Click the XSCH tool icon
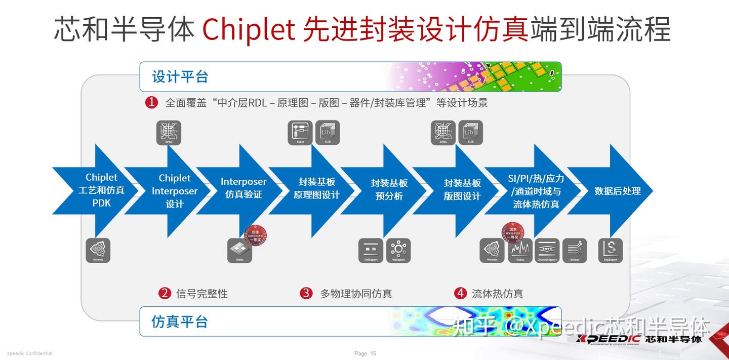coord(300,133)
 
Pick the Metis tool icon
coord(239,250)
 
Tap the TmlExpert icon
coord(371,250)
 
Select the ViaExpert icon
coord(398,250)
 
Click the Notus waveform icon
coord(520,250)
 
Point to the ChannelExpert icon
coord(547,250)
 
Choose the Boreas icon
coord(575,250)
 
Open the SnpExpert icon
coord(611,250)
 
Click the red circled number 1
coord(151,103)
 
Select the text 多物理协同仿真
coord(356,294)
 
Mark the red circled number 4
coord(460,293)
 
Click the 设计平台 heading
coord(180,77)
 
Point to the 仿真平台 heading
coord(180,322)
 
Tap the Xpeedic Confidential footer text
coord(29,353)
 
